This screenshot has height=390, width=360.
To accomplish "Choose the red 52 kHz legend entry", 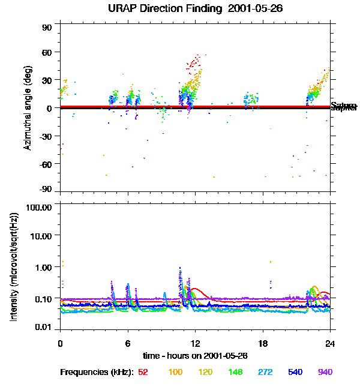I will [143, 372].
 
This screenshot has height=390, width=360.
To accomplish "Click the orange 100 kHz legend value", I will [175, 372].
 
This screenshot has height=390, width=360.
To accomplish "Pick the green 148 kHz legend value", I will [235, 372].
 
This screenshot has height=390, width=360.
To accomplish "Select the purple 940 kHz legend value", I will [325, 372].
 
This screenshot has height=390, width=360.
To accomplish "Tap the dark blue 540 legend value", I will [295, 372].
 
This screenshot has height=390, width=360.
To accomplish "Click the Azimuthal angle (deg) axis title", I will [27, 108].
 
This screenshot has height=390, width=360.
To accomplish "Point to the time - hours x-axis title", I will [195, 356].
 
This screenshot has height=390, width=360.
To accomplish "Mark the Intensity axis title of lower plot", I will [14, 267].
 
